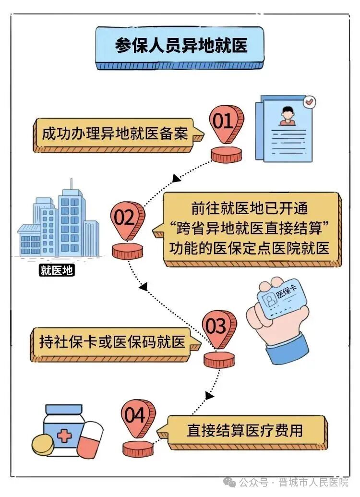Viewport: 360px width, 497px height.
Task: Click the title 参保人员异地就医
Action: pos(181,45)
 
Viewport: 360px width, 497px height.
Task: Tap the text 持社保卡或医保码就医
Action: pos(112,342)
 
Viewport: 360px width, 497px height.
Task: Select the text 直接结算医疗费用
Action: pos(245,430)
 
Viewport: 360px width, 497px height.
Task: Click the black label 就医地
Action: pos(57,270)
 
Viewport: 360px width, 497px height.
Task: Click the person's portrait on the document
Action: pos(287,116)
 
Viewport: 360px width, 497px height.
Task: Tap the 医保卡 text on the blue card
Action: pos(286,291)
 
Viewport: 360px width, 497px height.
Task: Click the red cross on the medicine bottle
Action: pos(64,436)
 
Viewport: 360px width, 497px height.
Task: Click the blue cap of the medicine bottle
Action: pos(64,409)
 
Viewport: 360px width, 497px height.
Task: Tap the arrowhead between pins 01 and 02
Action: pos(176,178)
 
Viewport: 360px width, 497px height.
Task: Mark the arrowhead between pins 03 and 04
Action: pos(210,395)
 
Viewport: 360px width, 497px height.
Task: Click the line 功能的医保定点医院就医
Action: pos(250,248)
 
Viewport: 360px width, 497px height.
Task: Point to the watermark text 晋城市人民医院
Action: pos(313,483)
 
